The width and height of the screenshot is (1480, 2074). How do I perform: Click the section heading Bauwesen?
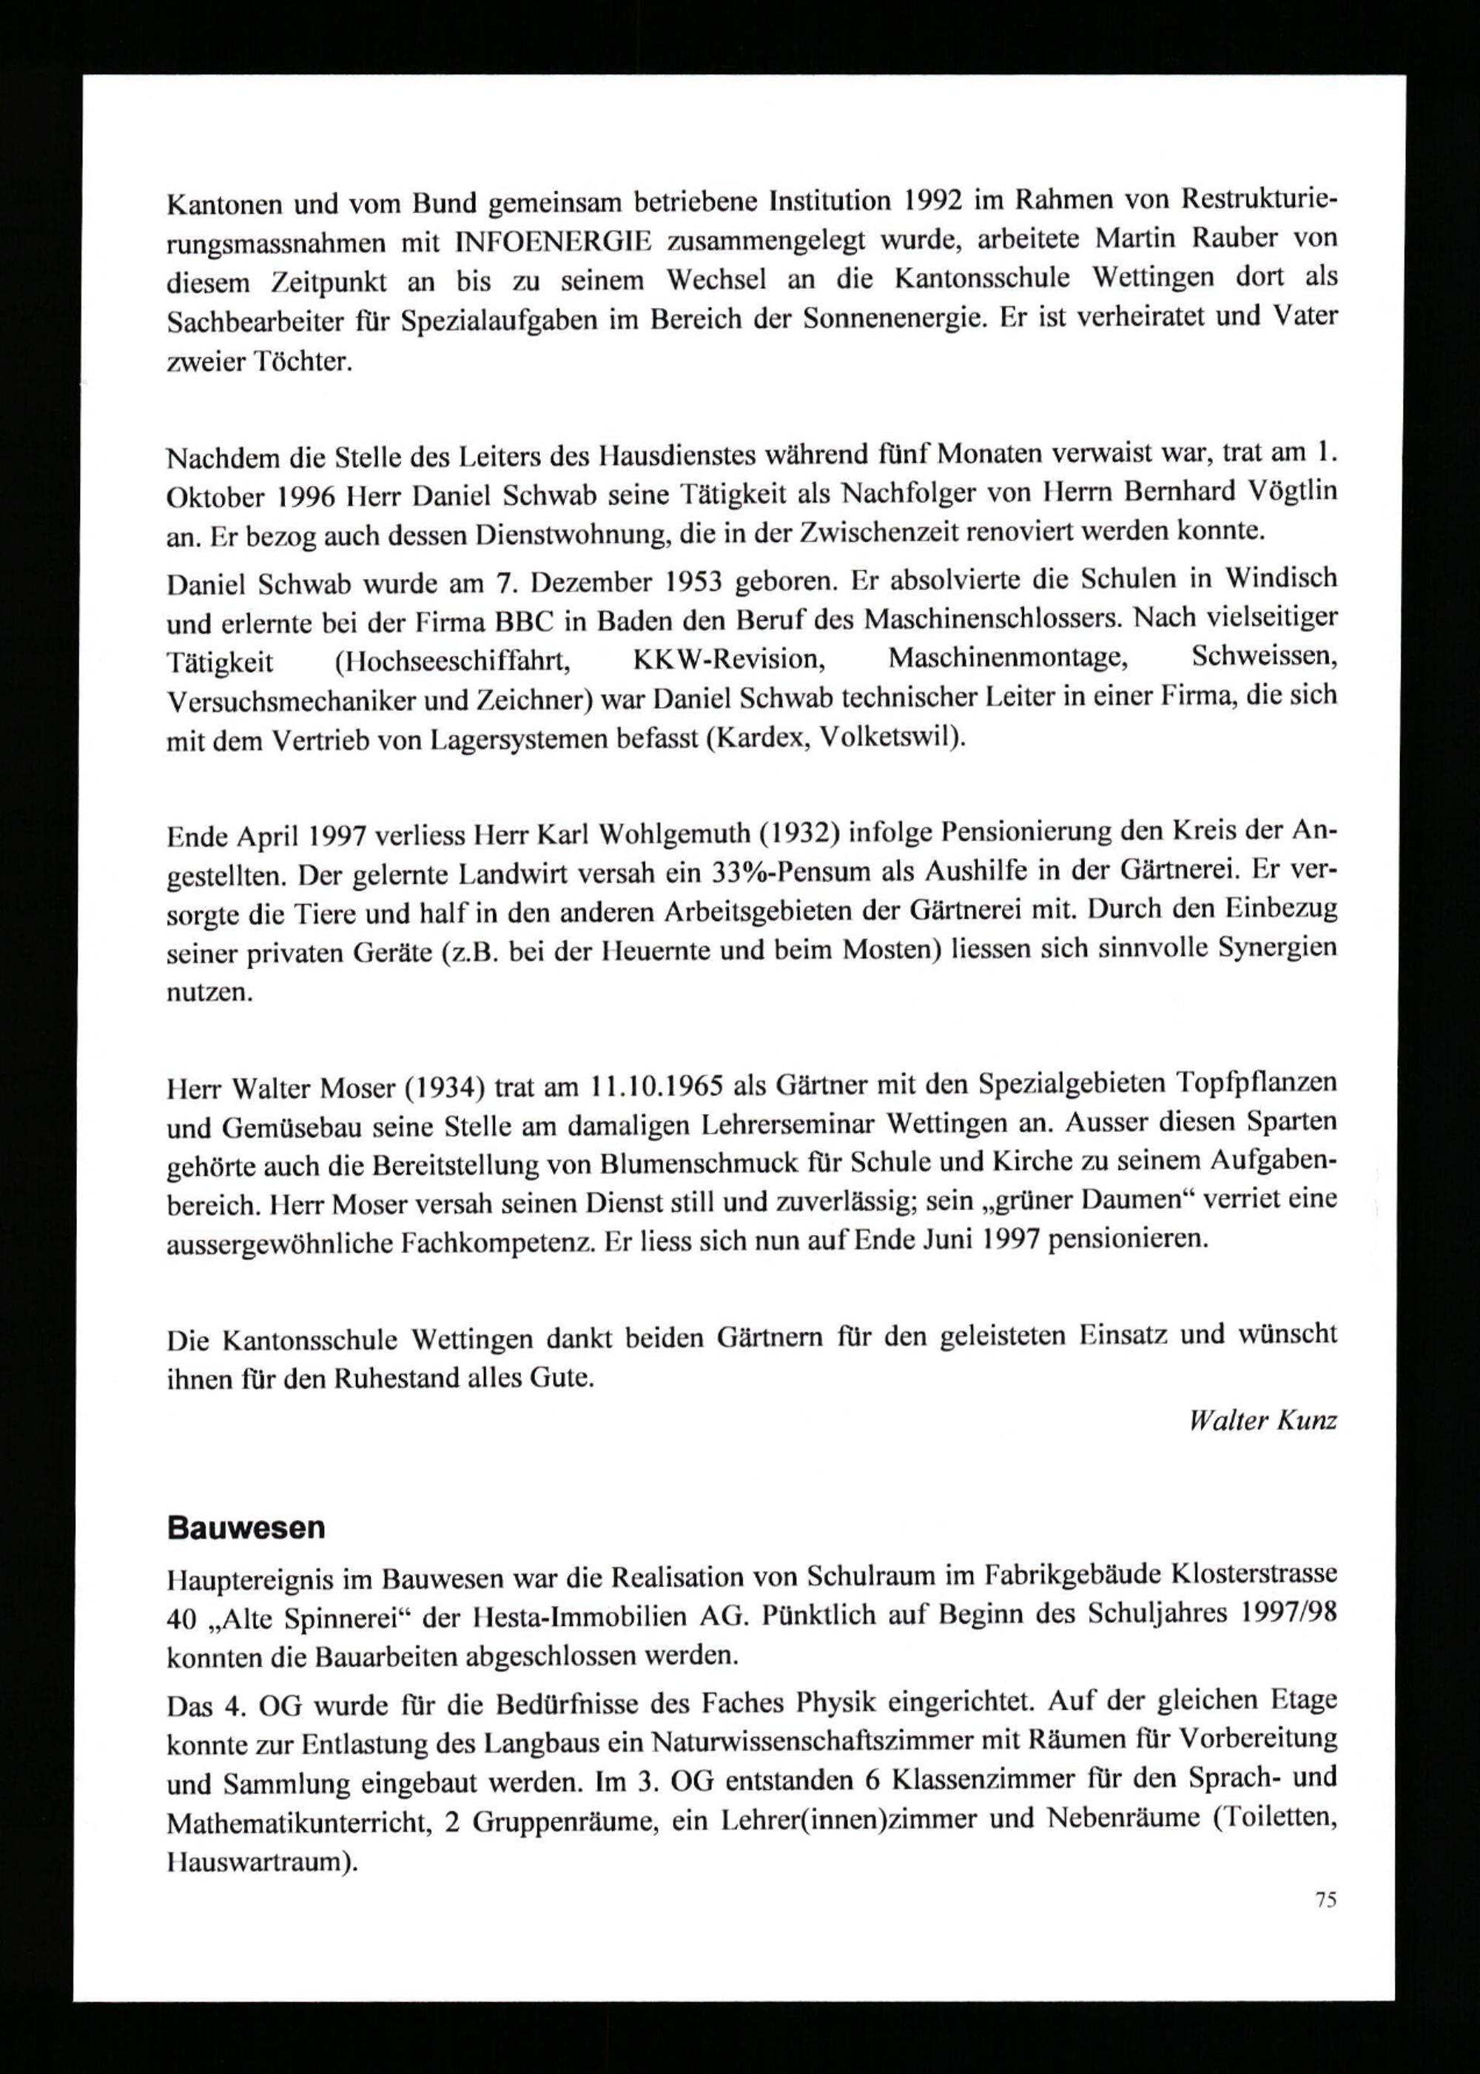click(x=246, y=1529)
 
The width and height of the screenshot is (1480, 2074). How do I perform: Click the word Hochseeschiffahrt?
click(x=453, y=660)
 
